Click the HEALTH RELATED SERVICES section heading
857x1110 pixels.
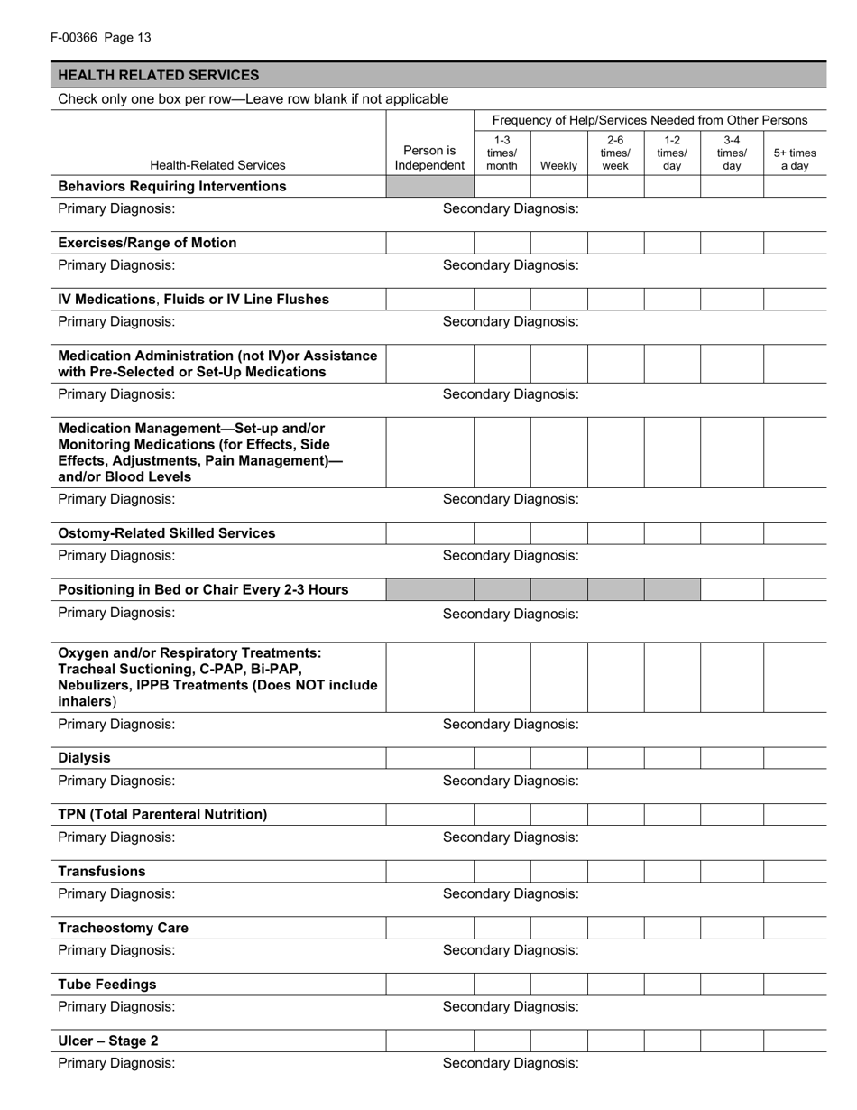click(159, 75)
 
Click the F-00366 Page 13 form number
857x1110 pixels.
click(101, 37)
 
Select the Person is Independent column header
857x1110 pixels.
click(429, 158)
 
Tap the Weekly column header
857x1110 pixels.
click(558, 165)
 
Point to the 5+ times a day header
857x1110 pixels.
click(794, 159)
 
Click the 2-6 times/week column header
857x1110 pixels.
click(615, 153)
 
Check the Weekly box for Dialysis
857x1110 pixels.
click(558, 758)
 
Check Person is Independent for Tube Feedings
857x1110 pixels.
click(429, 985)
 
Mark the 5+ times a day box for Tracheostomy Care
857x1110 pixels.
click(794, 928)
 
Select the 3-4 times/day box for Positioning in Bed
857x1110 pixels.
click(732, 590)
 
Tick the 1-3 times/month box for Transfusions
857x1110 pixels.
click(502, 872)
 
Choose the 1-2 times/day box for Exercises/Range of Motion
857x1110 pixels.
click(672, 243)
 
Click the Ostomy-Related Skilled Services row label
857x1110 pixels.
click(167, 533)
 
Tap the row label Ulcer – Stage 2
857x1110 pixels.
click(108, 1041)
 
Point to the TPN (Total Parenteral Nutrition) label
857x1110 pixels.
click(162, 814)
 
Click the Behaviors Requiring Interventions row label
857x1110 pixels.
click(172, 186)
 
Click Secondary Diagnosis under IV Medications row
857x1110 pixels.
click(511, 321)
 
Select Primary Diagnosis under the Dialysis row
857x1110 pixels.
click(116, 781)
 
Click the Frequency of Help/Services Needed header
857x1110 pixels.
click(650, 120)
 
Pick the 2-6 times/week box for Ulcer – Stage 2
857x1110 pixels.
click(615, 1041)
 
